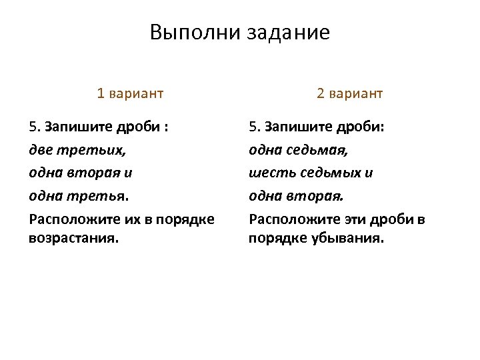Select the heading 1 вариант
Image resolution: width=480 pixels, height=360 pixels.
point(130,93)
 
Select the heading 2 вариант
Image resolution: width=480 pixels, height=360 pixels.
point(350,93)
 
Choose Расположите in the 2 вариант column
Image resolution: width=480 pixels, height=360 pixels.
point(291,219)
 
